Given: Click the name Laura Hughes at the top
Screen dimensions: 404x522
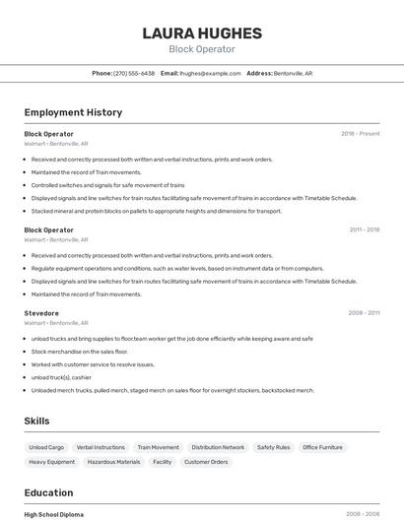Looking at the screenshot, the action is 202,33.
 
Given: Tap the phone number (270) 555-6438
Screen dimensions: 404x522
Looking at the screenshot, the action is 134,73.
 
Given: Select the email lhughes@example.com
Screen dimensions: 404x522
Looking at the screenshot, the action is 211,73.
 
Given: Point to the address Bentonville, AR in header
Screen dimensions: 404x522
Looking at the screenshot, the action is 293,73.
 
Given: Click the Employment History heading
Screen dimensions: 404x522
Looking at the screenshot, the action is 73,112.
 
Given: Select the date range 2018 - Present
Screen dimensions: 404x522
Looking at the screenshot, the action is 361,133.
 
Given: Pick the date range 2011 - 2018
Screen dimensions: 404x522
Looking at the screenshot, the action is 364,229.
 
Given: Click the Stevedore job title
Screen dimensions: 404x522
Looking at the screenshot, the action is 41,313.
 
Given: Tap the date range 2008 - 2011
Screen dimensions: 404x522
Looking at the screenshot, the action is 364,313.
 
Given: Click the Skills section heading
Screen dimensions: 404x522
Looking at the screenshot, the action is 36,421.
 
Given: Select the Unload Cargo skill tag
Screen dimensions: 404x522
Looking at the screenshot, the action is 46,447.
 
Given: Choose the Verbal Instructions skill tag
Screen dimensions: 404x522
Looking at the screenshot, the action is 101,447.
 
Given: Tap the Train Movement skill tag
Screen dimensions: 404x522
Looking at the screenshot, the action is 159,447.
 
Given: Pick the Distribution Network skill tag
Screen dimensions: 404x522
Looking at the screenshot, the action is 218,447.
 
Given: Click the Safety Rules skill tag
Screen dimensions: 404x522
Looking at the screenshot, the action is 274,447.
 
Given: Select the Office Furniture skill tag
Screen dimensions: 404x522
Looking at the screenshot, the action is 323,447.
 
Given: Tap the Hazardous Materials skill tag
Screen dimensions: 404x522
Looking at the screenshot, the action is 113,462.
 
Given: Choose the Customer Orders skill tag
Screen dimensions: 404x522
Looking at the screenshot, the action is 206,462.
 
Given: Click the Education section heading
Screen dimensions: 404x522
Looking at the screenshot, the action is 48,492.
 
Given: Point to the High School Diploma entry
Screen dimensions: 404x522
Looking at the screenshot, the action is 54,514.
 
